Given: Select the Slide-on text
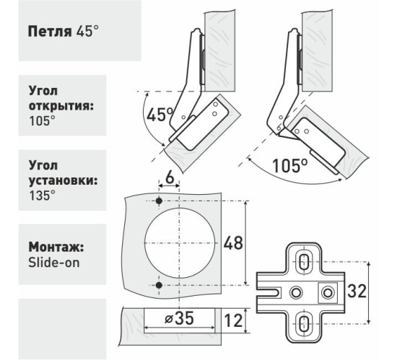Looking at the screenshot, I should pyautogui.click(x=54, y=262).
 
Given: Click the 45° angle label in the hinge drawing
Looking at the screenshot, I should pyautogui.click(x=159, y=114).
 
